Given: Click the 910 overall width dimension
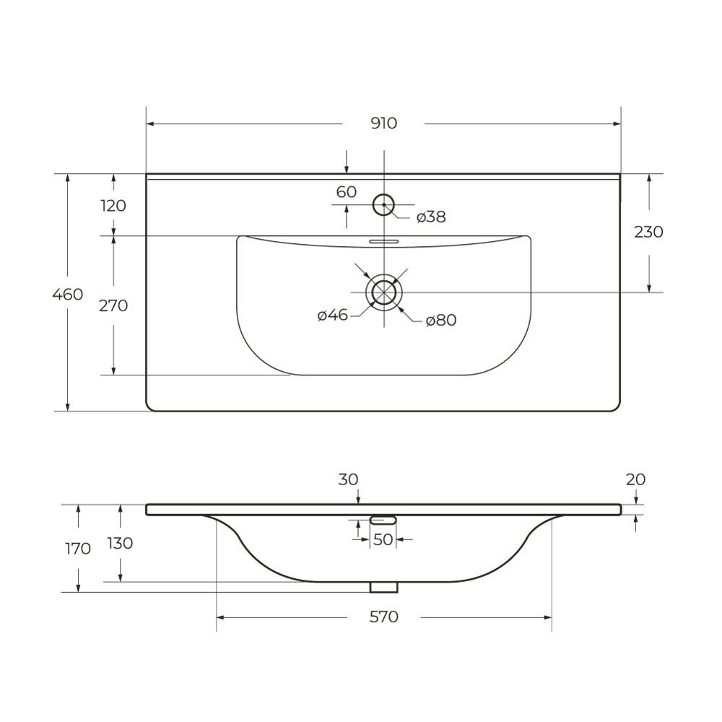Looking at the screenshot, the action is coord(383,123).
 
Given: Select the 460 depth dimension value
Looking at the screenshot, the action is coord(68,295).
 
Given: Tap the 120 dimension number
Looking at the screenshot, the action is coord(113,205).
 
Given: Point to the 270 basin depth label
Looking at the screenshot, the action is coord(113,305).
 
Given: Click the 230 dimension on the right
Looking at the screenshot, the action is coord(649,232).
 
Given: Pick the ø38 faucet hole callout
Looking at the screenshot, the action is coord(431,217).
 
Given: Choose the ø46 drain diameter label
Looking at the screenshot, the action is coord(332,316).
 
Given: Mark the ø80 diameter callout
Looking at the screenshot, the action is coord(440,320).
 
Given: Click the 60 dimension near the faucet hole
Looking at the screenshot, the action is coord(347,192).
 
